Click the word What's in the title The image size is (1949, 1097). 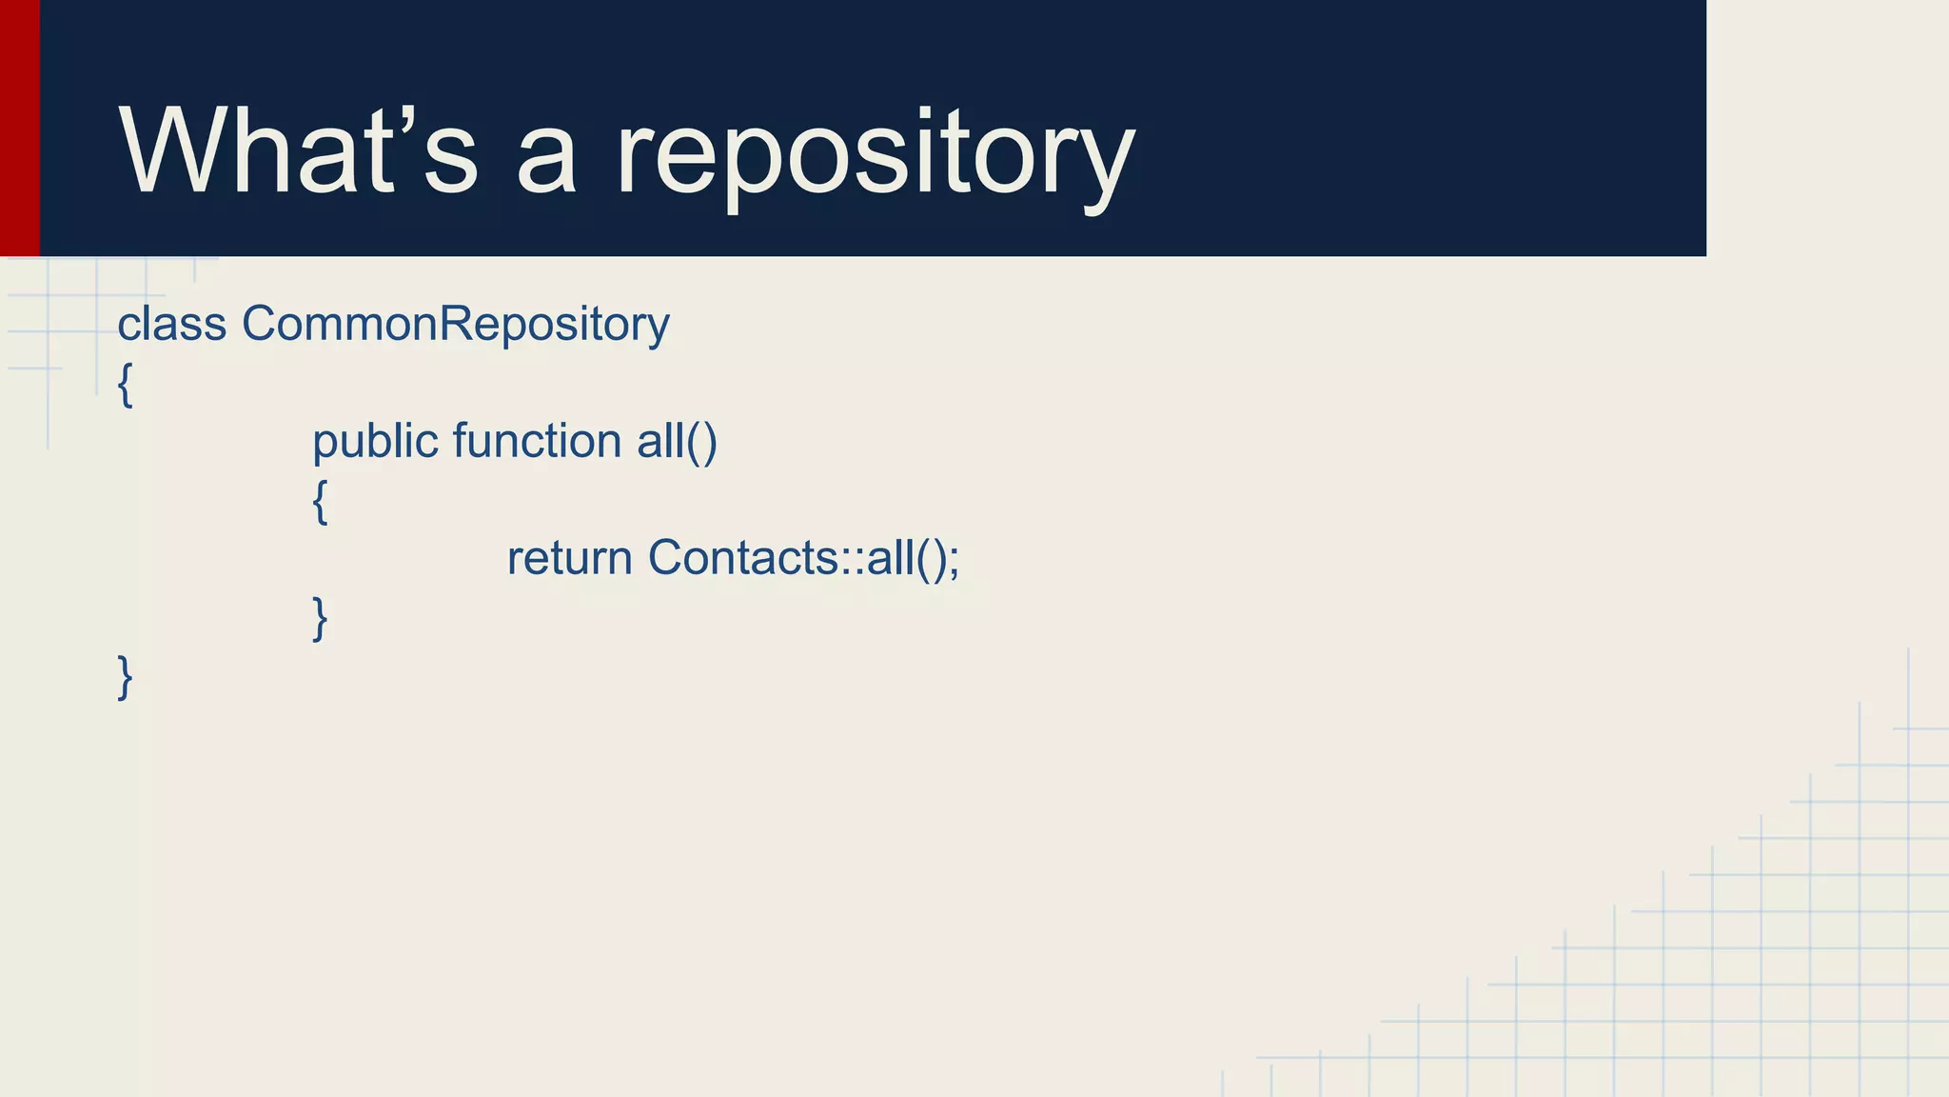pos(297,150)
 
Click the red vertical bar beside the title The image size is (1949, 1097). pos(19,128)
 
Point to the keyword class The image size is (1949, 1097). pos(171,325)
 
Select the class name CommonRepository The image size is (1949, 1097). pos(455,325)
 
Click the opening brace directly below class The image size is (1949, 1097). pos(125,385)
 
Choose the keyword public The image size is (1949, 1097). pos(375,442)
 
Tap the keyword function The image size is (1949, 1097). pos(537,442)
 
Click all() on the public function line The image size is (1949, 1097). pos(677,442)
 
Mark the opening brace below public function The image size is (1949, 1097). pos(320,502)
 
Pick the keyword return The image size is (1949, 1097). pos(569,559)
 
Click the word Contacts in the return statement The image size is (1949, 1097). pos(742,559)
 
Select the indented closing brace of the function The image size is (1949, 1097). pos(320,619)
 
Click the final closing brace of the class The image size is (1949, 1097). pos(125,678)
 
